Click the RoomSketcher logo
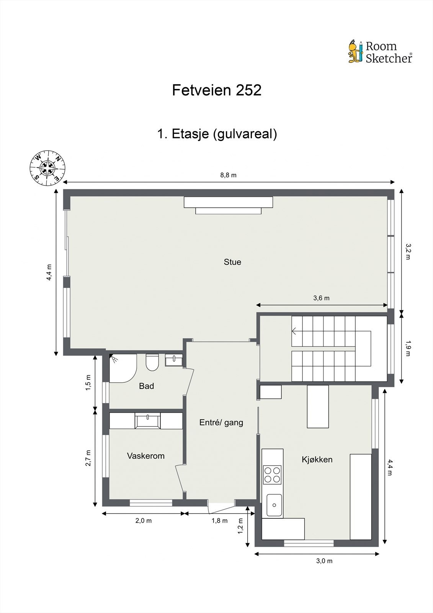click(x=380, y=52)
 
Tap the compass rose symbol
click(x=47, y=168)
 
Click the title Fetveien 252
click(x=217, y=90)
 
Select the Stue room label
click(x=232, y=262)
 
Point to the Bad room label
click(x=146, y=386)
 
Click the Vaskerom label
click(x=146, y=456)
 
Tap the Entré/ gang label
click(x=221, y=423)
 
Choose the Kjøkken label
click(x=317, y=459)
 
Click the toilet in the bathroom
click(x=152, y=362)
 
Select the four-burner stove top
click(x=272, y=475)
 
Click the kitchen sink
click(x=274, y=505)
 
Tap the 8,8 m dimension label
click(x=228, y=175)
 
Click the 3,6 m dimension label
click(x=321, y=298)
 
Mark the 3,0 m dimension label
click(x=324, y=561)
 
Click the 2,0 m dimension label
click(x=144, y=521)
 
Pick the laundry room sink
click(x=147, y=421)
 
